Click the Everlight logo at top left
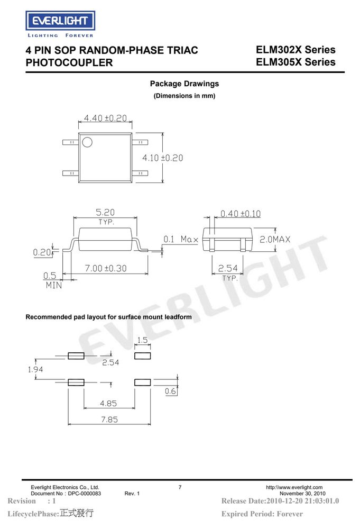pos(60,24)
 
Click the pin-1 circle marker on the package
pos(87,142)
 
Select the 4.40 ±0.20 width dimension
pos(105,118)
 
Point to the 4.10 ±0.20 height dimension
pos(162,158)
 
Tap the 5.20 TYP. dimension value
pos(105,212)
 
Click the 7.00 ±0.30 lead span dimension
pos(106,268)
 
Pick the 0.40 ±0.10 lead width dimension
pos(241,214)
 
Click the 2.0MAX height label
pos(275,239)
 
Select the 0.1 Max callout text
pos(181,239)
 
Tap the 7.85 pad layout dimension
pos(109,419)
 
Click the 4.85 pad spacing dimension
pos(108,403)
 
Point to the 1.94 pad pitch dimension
pos(35,369)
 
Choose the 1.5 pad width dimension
pos(143,340)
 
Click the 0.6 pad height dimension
pos(170,391)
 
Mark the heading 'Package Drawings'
pos(184,84)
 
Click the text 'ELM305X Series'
pos(296,62)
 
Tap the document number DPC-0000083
pos(84,493)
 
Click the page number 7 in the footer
pos(180,487)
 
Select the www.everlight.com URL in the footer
pos(294,487)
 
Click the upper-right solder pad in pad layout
pos(143,355)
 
